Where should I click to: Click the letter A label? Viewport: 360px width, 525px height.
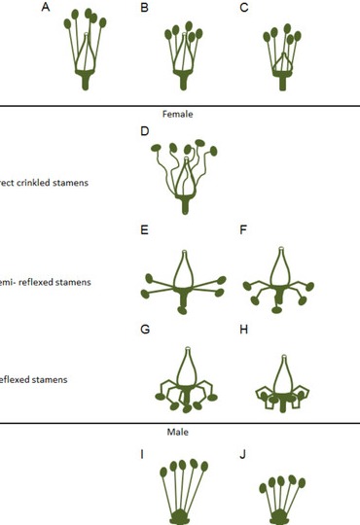pyautogui.click(x=47, y=8)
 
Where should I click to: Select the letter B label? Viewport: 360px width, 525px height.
pyautogui.click(x=144, y=8)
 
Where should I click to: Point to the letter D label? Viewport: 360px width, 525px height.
pyautogui.click(x=144, y=130)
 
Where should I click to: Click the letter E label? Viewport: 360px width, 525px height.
pyautogui.click(x=144, y=230)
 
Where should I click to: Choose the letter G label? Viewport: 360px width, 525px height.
pyautogui.click(x=144, y=330)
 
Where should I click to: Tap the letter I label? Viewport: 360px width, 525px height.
pyautogui.click(x=144, y=453)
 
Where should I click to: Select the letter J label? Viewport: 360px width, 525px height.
pyautogui.click(x=243, y=453)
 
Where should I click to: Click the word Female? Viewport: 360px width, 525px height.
pyautogui.click(x=177, y=114)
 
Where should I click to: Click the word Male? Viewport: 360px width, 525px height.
pyautogui.click(x=177, y=431)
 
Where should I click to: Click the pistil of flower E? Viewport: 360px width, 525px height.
pyautogui.click(x=184, y=268)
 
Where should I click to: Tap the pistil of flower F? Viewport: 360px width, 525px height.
pyautogui.click(x=280, y=268)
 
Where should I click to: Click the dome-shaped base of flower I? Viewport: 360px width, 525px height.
pyautogui.click(x=184, y=514)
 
